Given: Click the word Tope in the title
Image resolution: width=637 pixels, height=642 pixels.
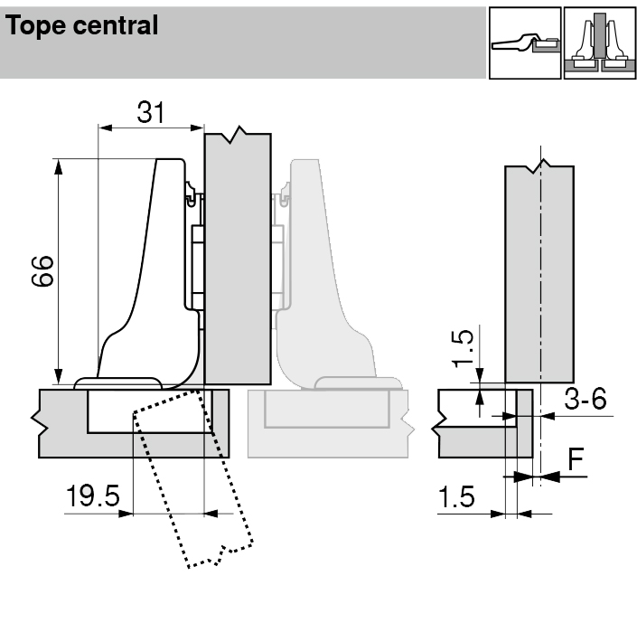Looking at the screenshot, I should pos(37,26).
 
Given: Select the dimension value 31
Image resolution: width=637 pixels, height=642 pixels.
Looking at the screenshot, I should pos(150,112).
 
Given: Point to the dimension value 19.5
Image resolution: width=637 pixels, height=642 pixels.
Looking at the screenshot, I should pos(92,496).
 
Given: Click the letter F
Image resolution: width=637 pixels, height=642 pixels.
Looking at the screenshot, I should pos(576,459).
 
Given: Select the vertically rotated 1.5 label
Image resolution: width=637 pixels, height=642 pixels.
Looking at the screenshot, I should pos(462,348).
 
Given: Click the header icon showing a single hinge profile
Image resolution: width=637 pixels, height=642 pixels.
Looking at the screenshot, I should pos(524,42).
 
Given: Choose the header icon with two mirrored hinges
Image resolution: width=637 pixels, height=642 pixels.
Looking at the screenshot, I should pos(599,42).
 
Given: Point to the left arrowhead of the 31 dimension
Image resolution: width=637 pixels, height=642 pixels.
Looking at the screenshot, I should pos(101,128).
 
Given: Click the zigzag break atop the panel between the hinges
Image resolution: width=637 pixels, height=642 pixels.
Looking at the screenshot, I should pos(238,135).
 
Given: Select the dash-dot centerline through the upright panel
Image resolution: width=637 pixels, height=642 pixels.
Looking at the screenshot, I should pos(539,271).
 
